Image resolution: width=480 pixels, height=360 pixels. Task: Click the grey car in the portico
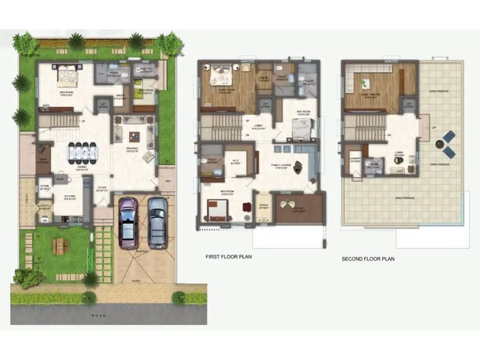157,222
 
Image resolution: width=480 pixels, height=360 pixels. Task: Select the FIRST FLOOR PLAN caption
229,257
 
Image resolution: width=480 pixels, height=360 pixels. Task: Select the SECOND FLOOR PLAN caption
368,259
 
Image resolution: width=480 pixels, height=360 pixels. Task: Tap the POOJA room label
262,206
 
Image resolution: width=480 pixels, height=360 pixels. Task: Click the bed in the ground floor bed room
67,76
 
